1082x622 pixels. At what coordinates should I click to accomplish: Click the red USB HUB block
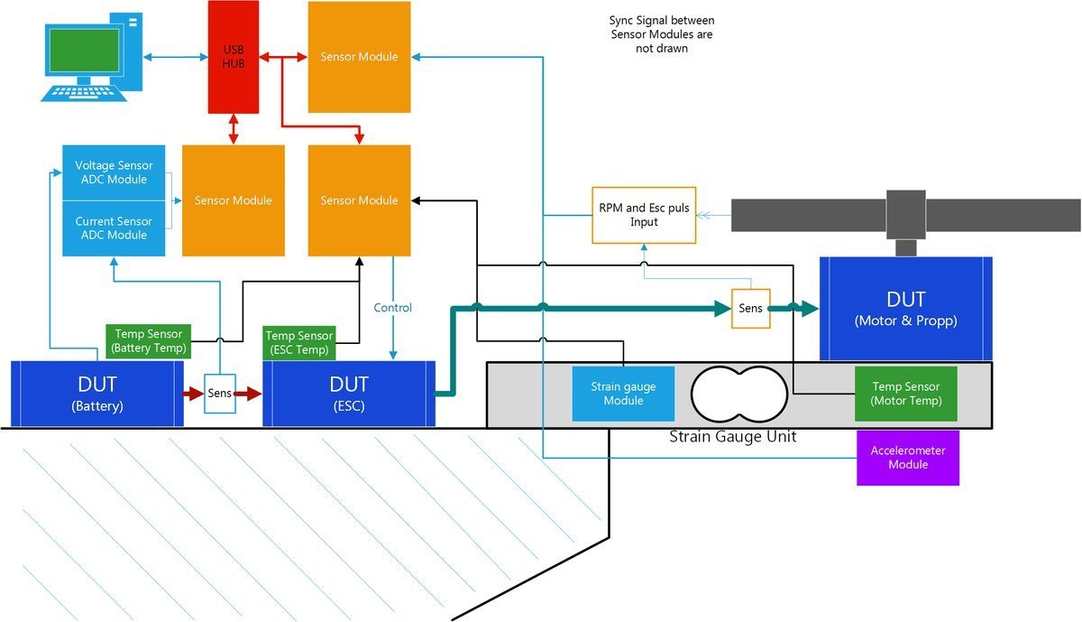point(234,57)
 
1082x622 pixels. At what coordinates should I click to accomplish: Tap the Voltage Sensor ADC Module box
point(114,172)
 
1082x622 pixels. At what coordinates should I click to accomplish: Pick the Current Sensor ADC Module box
point(114,228)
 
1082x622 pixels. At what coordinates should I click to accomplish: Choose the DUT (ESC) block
point(348,394)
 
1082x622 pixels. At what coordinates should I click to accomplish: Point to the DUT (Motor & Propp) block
point(905,308)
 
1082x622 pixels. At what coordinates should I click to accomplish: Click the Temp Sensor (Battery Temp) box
point(150,341)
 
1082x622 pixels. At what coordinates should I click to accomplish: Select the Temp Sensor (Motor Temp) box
point(905,394)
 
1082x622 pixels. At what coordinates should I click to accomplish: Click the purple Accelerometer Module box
point(907,458)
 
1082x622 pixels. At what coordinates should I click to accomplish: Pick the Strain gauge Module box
point(623,394)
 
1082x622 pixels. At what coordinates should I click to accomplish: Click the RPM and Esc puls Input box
point(644,215)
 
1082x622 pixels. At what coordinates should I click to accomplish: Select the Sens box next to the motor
point(750,308)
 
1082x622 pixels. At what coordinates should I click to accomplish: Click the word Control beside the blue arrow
point(392,308)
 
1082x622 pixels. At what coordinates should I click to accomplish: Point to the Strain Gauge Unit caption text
point(732,437)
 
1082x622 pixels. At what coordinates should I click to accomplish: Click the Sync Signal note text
point(662,34)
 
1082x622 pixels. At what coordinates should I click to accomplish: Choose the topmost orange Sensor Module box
point(359,57)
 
